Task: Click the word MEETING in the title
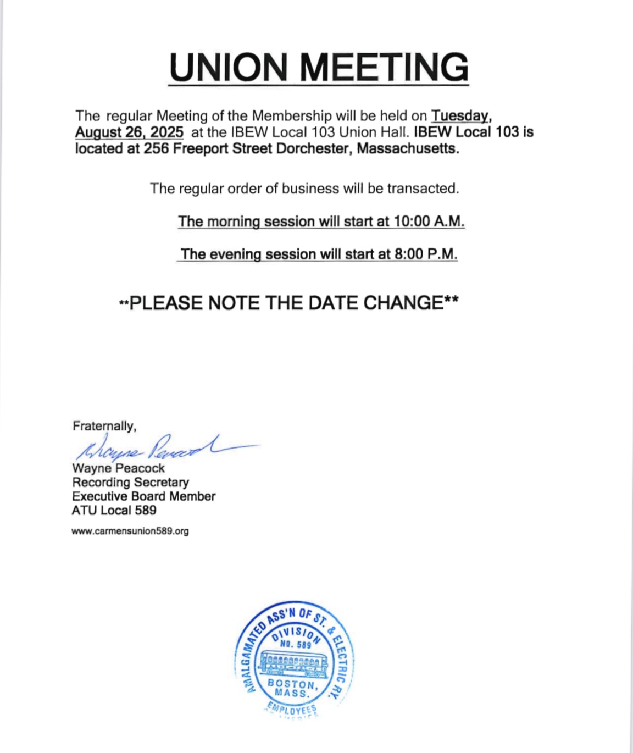click(x=384, y=68)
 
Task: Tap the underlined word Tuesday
click(x=460, y=116)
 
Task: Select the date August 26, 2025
click(x=129, y=132)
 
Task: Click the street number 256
click(x=156, y=149)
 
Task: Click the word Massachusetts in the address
click(x=407, y=149)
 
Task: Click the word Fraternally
click(x=104, y=426)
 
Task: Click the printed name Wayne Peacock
click(x=118, y=468)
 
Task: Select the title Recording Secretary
click(x=130, y=482)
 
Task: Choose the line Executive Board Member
click(x=143, y=496)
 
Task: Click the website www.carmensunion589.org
click(x=130, y=531)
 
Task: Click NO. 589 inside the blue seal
click(x=295, y=644)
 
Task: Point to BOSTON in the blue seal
click(x=292, y=684)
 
